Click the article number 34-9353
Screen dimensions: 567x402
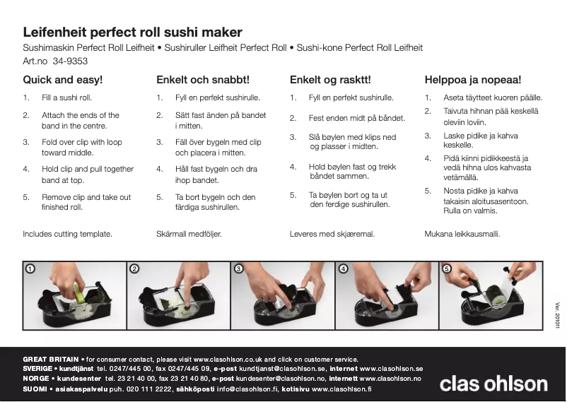(70, 61)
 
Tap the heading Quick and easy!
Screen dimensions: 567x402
(62, 80)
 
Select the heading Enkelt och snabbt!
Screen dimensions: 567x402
(203, 80)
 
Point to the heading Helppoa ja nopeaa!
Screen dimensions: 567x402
(473, 80)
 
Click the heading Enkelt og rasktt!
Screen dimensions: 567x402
(330, 80)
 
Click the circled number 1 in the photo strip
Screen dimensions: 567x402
(30, 268)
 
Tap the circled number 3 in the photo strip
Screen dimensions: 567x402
(239, 268)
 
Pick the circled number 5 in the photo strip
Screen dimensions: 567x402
(447, 268)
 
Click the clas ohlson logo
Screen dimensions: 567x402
(493, 384)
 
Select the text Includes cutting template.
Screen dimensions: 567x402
(68, 234)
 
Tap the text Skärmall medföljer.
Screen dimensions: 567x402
(189, 234)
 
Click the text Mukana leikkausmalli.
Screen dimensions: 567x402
(462, 234)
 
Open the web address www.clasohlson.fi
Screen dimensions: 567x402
(341, 389)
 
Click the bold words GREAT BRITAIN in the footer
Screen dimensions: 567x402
(51, 360)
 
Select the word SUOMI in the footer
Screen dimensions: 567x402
(35, 389)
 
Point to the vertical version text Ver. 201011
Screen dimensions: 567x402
(557, 315)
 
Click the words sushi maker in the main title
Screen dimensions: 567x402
(203, 32)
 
